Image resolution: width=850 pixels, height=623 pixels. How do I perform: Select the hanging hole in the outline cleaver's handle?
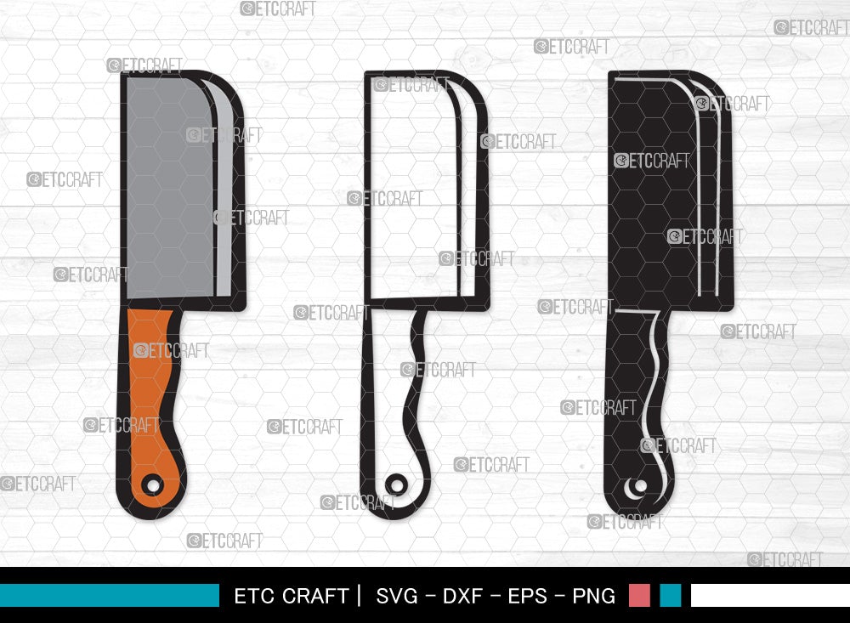(x=395, y=484)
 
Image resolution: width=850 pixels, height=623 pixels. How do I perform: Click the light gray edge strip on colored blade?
(x=224, y=195)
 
